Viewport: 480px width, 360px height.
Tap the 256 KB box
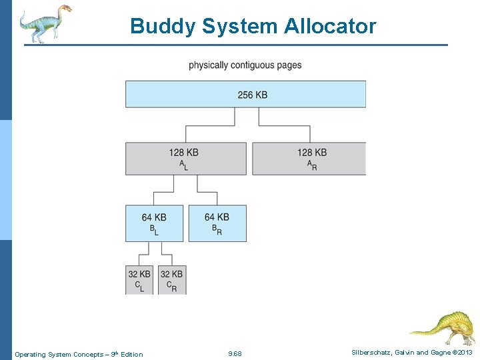[x=245, y=94]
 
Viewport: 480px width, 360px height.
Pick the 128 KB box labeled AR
[x=309, y=159]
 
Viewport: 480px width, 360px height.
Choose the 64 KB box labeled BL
[x=154, y=223]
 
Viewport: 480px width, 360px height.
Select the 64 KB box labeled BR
[x=217, y=223]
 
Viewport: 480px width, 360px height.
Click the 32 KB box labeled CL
[x=139, y=279]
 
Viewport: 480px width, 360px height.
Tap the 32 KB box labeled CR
[x=172, y=279]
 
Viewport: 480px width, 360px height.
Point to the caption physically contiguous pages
[x=245, y=65]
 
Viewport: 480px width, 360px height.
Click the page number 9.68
[x=235, y=353]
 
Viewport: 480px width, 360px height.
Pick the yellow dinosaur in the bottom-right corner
[x=443, y=326]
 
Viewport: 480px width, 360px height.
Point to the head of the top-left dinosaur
[x=65, y=9]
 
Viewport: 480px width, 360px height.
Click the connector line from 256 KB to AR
[x=287, y=125]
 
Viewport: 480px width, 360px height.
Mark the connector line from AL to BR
[x=200, y=193]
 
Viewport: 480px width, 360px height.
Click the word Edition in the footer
[x=131, y=354]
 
